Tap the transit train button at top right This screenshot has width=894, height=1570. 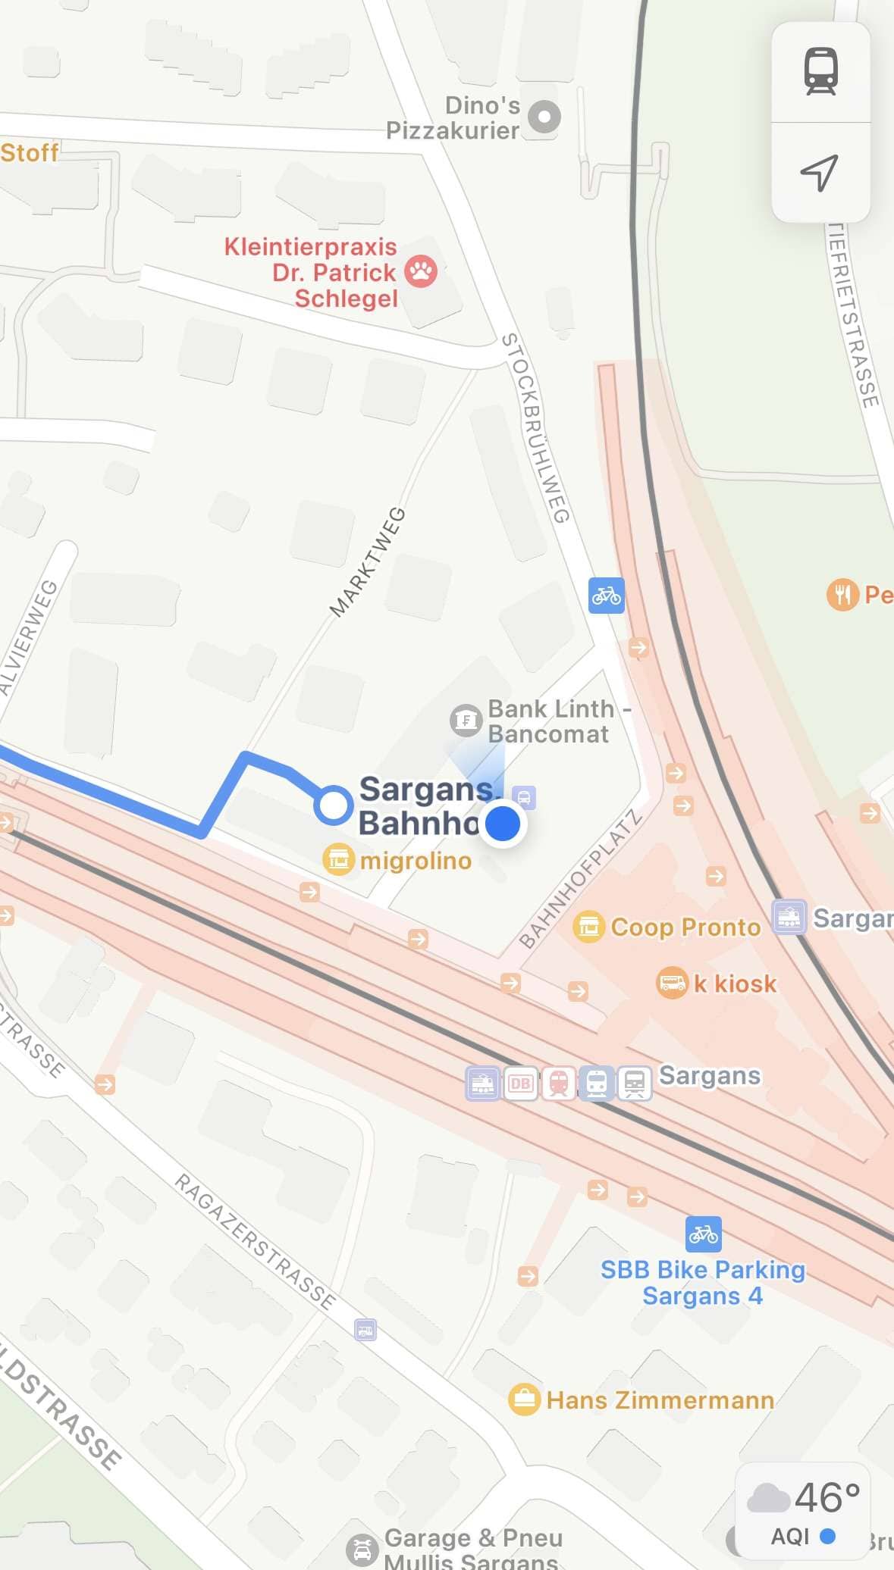pyautogui.click(x=820, y=71)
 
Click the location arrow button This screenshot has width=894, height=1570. pyautogui.click(x=820, y=173)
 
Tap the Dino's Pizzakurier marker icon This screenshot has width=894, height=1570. pyautogui.click(x=544, y=117)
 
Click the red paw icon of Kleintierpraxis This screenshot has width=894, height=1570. pyautogui.click(x=421, y=271)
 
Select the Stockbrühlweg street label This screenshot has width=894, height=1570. pyautogui.click(x=535, y=428)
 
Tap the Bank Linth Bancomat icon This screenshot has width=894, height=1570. pyautogui.click(x=466, y=720)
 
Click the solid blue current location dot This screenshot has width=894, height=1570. pyautogui.click(x=502, y=823)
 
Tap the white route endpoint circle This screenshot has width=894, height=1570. pyautogui.click(x=333, y=805)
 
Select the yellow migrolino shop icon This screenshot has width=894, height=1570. pyautogui.click(x=338, y=859)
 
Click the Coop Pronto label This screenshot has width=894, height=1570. pyautogui.click(x=685, y=927)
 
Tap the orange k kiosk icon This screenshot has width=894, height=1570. pyautogui.click(x=671, y=983)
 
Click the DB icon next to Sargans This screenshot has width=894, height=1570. pyautogui.click(x=520, y=1084)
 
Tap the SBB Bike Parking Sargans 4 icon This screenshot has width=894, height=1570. pyautogui.click(x=703, y=1234)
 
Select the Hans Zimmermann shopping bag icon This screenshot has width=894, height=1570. pyautogui.click(x=524, y=1399)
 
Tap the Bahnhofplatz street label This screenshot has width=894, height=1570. pyautogui.click(x=581, y=879)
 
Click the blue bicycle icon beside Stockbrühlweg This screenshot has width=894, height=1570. pyautogui.click(x=607, y=596)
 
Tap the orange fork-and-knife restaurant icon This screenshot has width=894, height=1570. pyautogui.click(x=842, y=594)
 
